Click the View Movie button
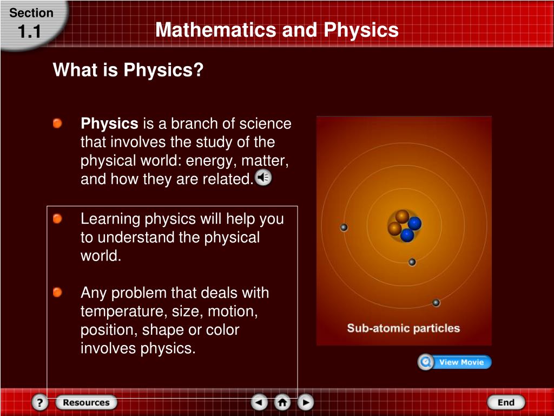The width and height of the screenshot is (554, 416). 454,362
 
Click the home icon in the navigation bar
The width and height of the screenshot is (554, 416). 282,402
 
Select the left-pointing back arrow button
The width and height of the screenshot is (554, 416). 259,402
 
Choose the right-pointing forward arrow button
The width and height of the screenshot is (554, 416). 305,402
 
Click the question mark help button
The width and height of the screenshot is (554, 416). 39,402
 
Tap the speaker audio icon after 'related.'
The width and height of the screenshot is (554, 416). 263,178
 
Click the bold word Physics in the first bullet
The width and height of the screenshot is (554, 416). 109,124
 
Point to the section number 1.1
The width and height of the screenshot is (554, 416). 30,32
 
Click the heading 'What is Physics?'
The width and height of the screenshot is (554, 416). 128,70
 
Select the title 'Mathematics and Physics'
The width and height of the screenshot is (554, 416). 276,30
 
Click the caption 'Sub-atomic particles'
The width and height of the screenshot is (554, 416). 403,328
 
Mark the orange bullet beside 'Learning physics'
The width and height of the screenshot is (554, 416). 57,219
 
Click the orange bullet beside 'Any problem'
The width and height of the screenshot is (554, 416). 57,293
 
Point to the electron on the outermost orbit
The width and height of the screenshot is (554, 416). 436,303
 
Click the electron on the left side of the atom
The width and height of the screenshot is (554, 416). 344,227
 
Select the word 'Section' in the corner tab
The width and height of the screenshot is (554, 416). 31,13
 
